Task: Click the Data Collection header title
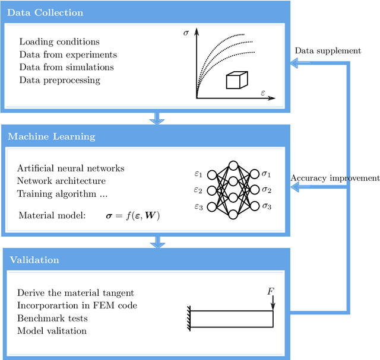pos(46,12)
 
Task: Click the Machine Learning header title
pos(51,136)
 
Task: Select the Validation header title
pos(33,260)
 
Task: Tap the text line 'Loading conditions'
pos(59,42)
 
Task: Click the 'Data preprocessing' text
pos(59,79)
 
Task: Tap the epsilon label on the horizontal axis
pos(262,93)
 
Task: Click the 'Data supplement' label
pos(328,50)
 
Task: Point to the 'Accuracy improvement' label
pos(335,178)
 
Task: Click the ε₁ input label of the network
pos(198,174)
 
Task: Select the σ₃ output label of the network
pos(267,206)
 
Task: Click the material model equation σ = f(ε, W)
pos(130,216)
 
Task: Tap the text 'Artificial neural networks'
pos(71,168)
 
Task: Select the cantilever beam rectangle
pos(232,319)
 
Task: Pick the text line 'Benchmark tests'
pos(53,318)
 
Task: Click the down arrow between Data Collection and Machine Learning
pos(157,117)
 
